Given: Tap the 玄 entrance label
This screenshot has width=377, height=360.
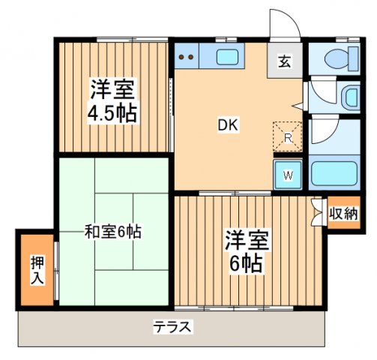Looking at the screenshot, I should tap(286, 62).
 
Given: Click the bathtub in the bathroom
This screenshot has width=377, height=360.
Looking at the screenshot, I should tap(334, 175).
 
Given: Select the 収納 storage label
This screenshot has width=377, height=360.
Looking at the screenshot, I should tap(343, 214).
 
